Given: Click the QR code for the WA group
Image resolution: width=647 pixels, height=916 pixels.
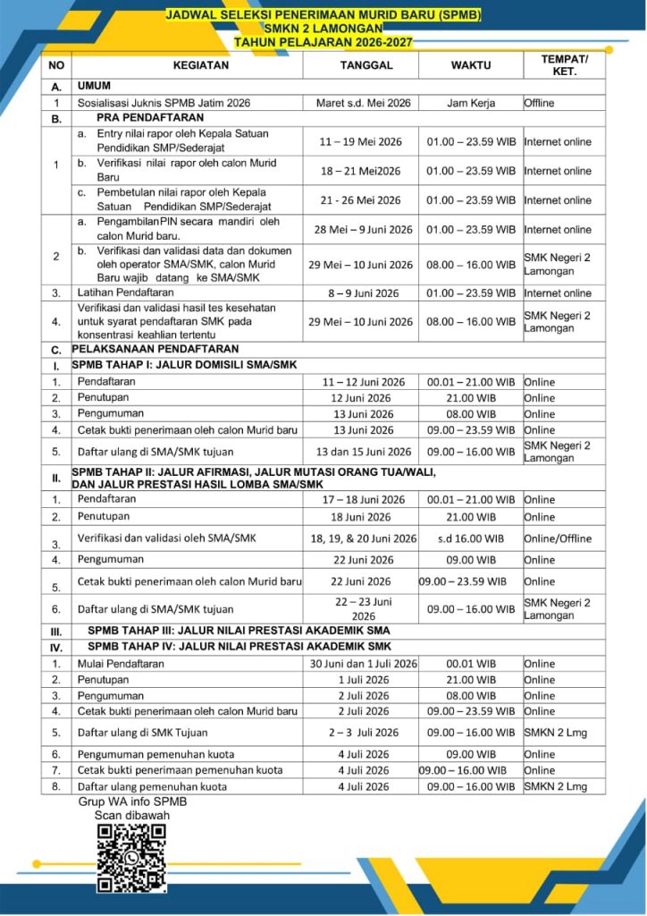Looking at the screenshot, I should point(132,859).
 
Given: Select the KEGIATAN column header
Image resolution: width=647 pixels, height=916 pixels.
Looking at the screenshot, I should point(188,65).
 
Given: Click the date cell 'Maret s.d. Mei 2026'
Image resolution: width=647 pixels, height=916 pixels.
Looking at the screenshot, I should point(363,103).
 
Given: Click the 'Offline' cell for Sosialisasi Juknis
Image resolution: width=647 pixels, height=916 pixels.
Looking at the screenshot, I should point(539,103).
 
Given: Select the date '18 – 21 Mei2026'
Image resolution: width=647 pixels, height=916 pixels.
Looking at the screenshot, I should point(361,171).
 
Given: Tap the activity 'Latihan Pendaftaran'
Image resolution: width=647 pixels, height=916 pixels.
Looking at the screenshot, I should point(126,293).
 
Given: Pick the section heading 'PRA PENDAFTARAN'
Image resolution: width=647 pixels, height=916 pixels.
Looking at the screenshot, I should point(138,118).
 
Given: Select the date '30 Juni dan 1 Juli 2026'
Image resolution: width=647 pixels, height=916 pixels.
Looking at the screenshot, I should point(364,664).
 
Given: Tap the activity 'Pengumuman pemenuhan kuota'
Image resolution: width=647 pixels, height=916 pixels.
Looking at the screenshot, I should point(156,754).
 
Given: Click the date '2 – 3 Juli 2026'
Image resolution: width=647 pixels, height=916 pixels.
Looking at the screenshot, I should point(362,732).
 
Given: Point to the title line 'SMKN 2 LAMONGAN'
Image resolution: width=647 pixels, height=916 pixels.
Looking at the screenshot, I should point(322,29).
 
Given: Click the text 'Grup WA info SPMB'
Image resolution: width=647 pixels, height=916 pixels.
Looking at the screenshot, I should point(133,801).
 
